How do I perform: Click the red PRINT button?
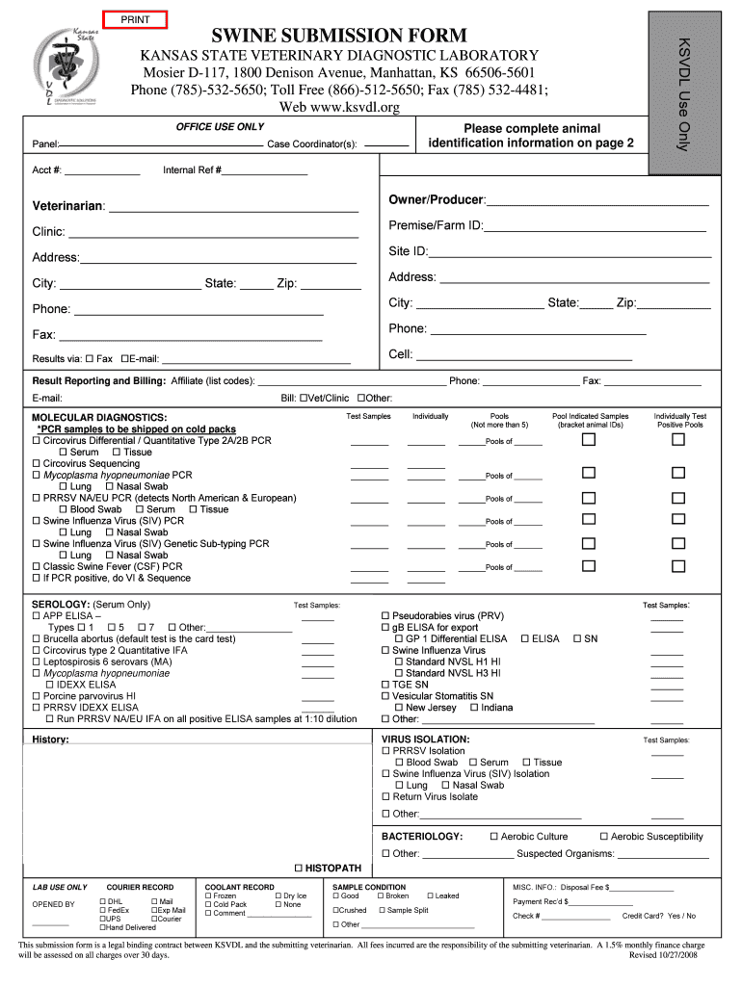[135, 18]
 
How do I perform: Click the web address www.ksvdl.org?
[338, 107]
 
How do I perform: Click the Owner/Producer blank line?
[597, 200]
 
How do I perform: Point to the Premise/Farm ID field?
[595, 226]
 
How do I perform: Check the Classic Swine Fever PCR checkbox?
[37, 567]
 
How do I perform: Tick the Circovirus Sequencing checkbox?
[37, 463]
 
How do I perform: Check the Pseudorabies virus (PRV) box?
[386, 616]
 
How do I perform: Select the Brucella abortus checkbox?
[37, 639]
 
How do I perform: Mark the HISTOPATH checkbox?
[298, 868]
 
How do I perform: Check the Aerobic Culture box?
[494, 837]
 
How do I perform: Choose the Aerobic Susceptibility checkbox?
[604, 837]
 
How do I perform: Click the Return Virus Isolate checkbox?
[386, 796]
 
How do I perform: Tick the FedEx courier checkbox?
[102, 910]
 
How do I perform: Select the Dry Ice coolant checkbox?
[278, 896]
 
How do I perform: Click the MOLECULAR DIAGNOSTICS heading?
[99, 417]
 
